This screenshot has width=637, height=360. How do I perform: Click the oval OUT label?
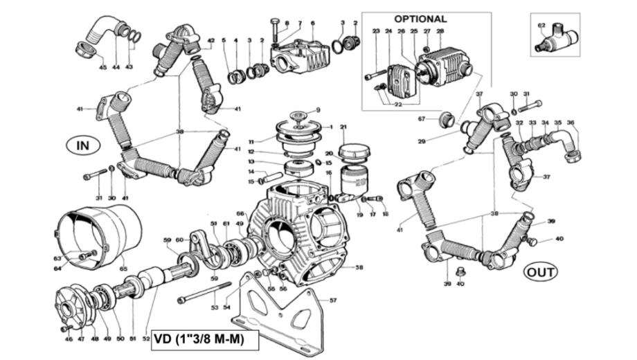541,271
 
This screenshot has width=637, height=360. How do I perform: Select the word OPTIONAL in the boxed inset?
420,19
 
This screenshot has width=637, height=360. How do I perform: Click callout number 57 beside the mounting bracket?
333,300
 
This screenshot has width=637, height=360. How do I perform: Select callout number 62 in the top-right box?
541,26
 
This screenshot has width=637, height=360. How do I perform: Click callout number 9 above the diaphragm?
318,109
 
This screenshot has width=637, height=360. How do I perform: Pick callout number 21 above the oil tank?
343,127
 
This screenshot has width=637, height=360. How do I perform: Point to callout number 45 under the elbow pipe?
102,67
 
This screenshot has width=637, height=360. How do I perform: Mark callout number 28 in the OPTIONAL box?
440,32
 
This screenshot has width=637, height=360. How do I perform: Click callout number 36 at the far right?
571,123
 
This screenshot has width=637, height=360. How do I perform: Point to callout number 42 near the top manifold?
210,41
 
